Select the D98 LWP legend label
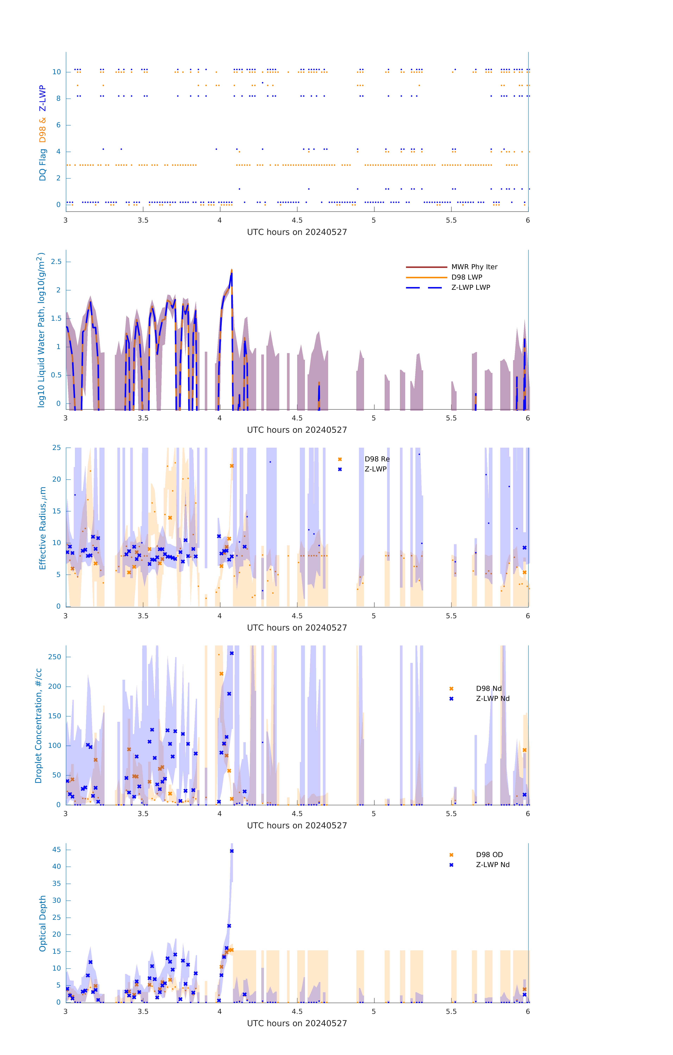466,277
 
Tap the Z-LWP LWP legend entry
470,287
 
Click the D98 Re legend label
377,459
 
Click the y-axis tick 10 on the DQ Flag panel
56,72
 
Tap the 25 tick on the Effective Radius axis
56,448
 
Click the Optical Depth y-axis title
43,923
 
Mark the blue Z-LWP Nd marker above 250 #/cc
232,653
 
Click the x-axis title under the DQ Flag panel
297,232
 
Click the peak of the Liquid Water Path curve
232,271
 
